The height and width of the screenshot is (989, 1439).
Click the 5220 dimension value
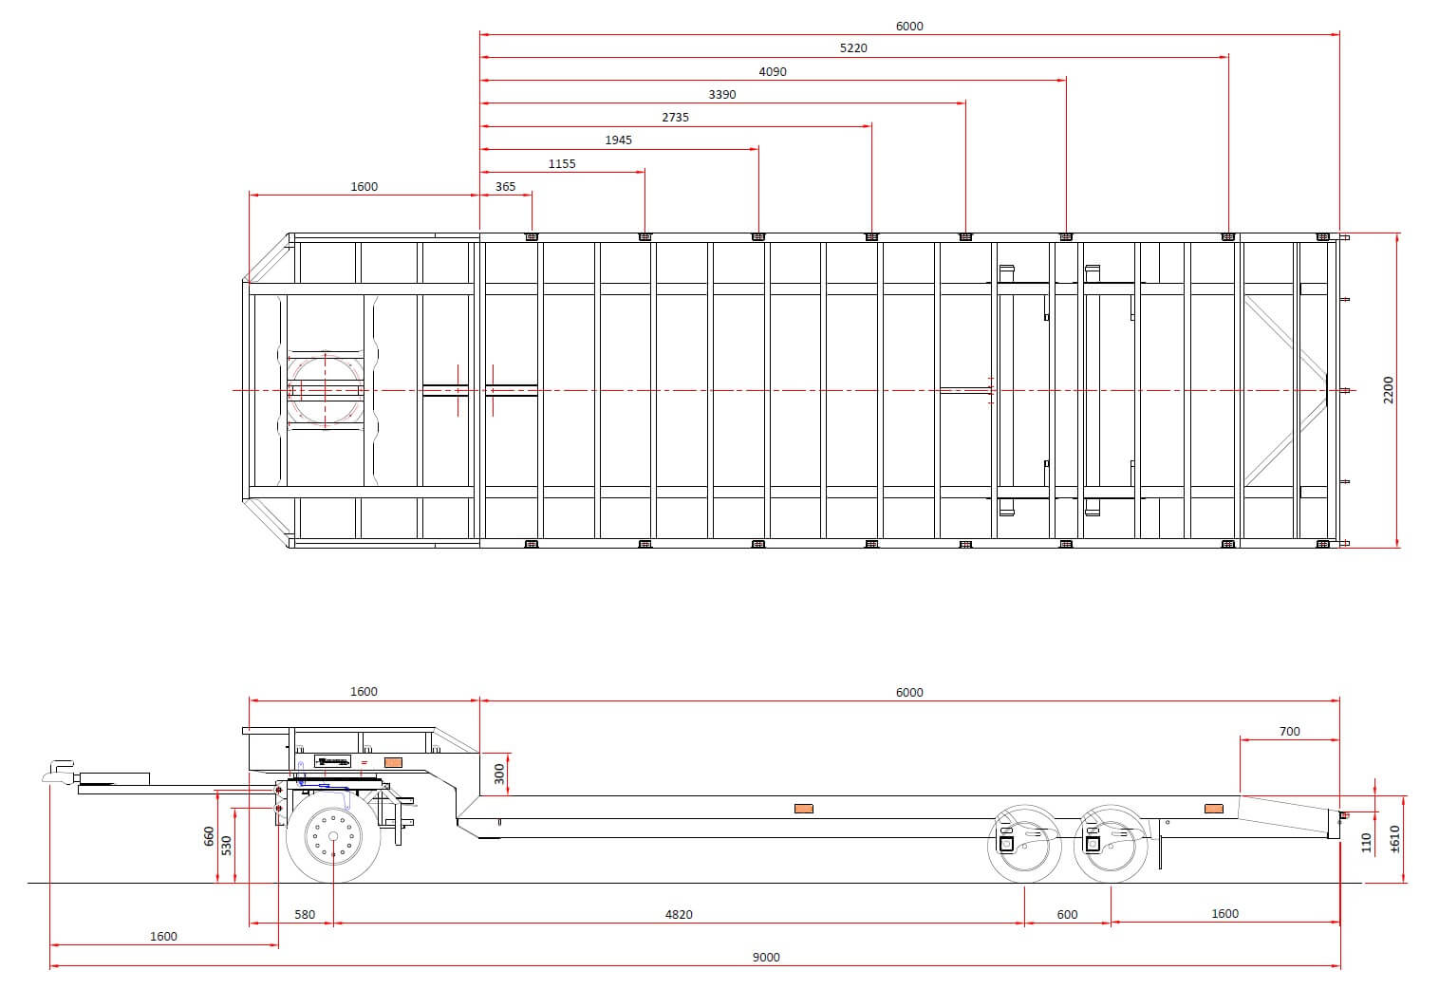tap(853, 48)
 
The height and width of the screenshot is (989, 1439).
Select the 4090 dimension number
tap(772, 72)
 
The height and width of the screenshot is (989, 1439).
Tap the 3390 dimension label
tap(722, 95)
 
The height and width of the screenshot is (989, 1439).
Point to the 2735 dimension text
tap(675, 118)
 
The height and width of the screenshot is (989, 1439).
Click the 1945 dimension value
tap(618, 140)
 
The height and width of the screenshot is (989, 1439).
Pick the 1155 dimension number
tap(562, 164)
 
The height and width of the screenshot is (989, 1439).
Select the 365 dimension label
tap(505, 187)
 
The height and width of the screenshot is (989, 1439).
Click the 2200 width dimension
tap(1389, 390)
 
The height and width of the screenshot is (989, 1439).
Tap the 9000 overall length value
tap(766, 958)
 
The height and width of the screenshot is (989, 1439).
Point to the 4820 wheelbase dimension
tap(679, 915)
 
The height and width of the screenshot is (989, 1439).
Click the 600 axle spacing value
tap(1067, 915)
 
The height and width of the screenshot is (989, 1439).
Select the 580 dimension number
tap(305, 915)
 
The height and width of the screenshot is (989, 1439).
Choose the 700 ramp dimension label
tap(1289, 732)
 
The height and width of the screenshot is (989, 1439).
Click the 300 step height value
tap(499, 774)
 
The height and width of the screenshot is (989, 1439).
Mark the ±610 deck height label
tap(1394, 839)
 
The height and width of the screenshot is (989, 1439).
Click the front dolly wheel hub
tap(333, 836)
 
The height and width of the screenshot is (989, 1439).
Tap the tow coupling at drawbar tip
tap(59, 773)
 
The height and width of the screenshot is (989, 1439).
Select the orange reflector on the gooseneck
tap(393, 762)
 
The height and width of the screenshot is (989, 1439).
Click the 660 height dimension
tap(209, 836)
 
